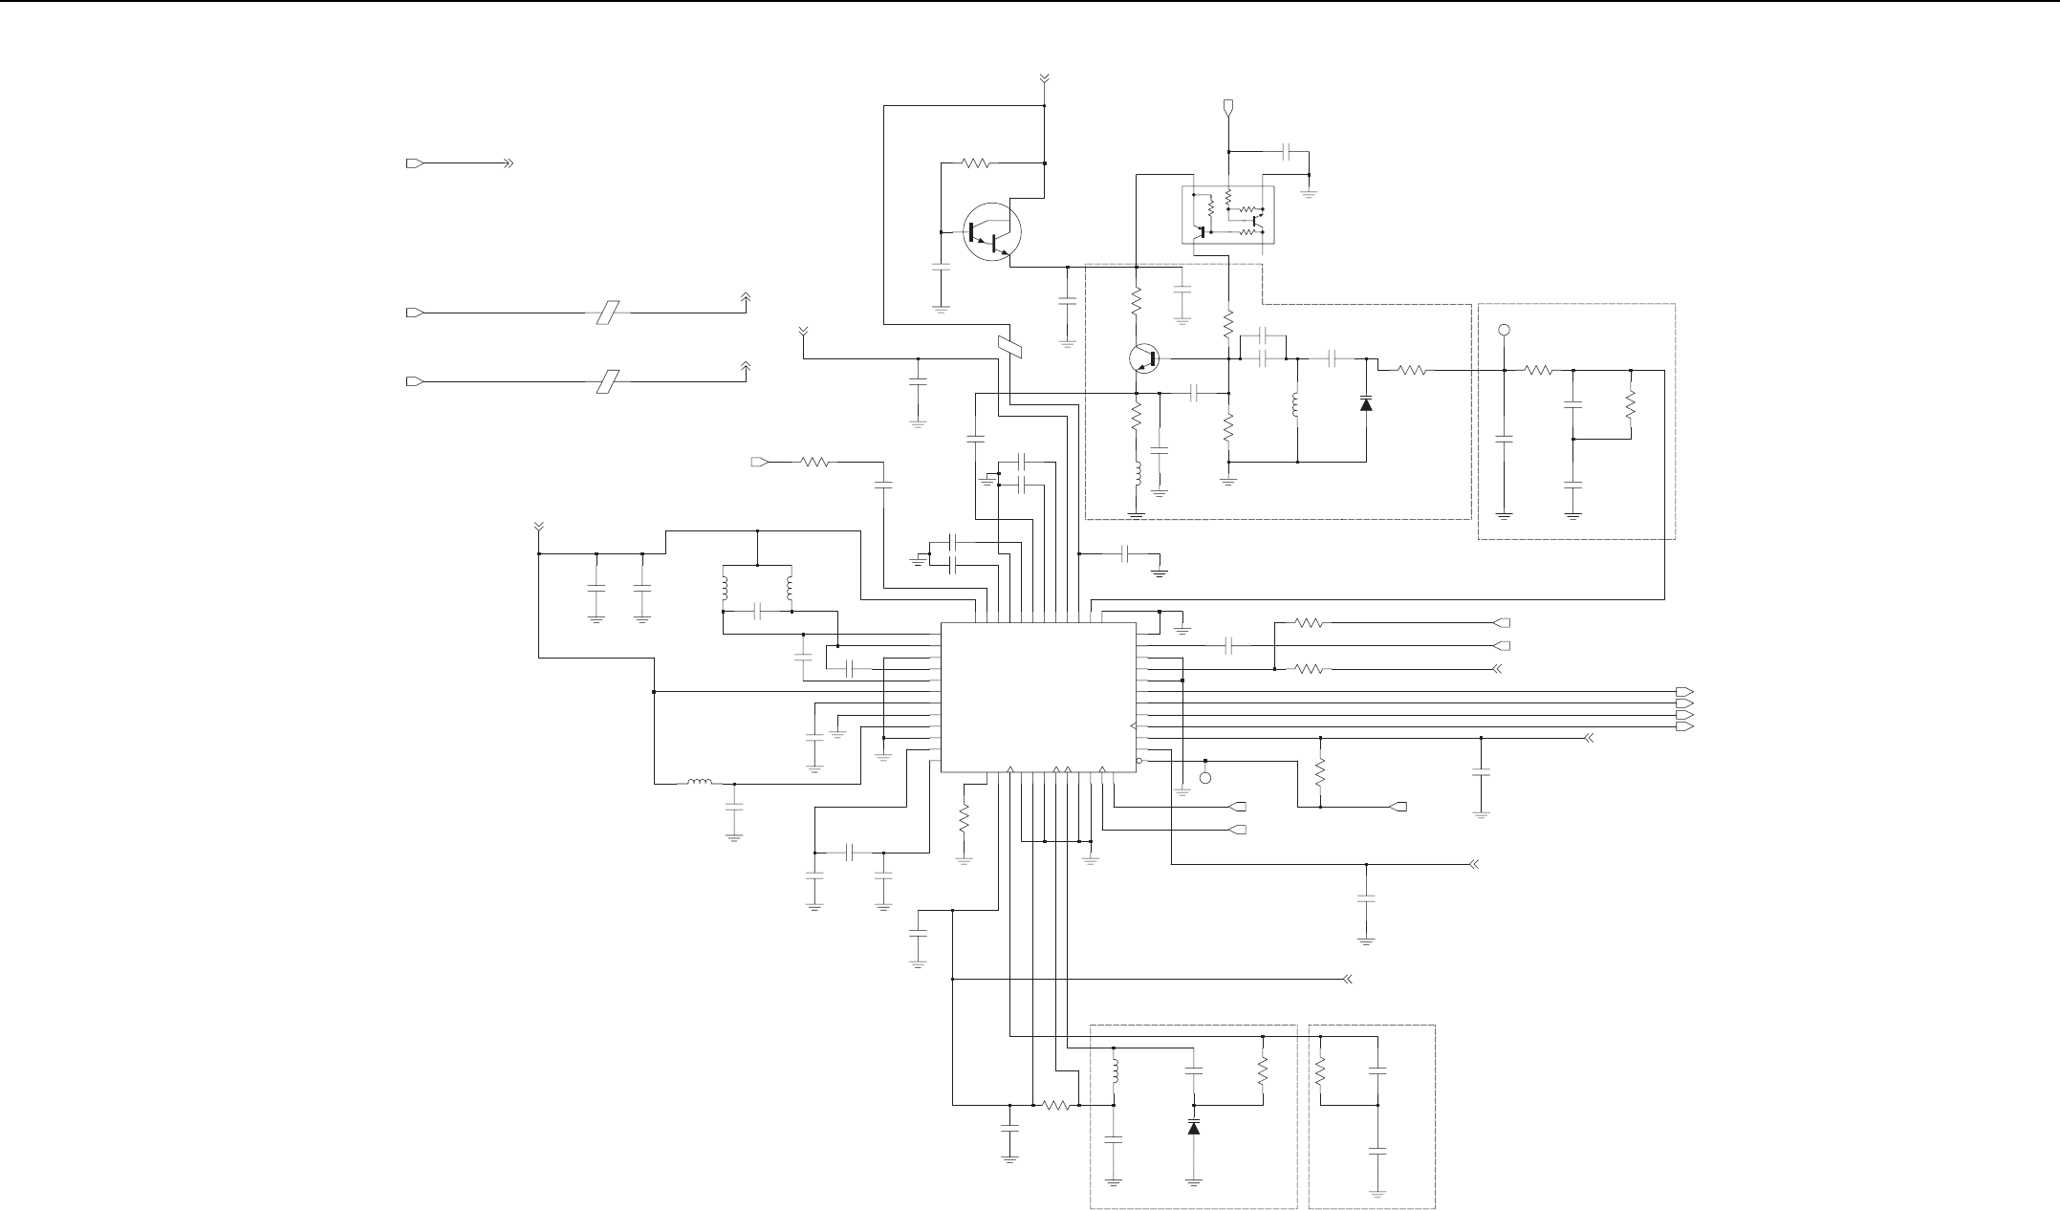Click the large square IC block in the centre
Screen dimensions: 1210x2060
pos(1039,697)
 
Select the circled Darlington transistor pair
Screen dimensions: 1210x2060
pos(991,231)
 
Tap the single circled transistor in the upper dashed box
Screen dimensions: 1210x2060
pos(1144,358)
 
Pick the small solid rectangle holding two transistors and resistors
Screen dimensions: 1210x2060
pos(1228,215)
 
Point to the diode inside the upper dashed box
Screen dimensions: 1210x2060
pos(1366,404)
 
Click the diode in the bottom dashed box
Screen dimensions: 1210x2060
pos(1193,1127)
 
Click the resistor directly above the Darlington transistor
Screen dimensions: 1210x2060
pos(976,163)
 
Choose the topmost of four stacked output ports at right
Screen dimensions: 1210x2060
pos(1686,691)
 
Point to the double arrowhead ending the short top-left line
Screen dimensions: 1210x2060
pos(508,163)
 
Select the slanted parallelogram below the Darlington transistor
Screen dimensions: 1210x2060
pos(1010,348)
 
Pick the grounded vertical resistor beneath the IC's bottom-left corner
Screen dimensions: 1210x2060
pos(964,819)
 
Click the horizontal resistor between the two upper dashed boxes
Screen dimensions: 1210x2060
pos(1413,370)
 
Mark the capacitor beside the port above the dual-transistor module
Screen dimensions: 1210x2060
pos(1287,151)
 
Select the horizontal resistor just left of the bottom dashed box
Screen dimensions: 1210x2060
pos(1055,1105)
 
